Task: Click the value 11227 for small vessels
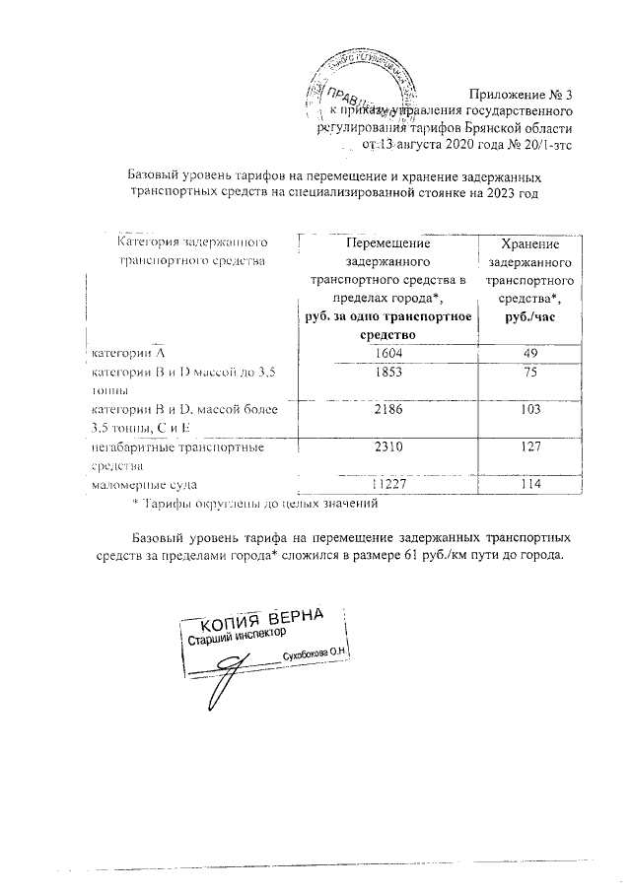[387, 485]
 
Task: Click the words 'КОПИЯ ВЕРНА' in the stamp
[262, 621]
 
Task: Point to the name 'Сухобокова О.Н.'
[315, 654]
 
